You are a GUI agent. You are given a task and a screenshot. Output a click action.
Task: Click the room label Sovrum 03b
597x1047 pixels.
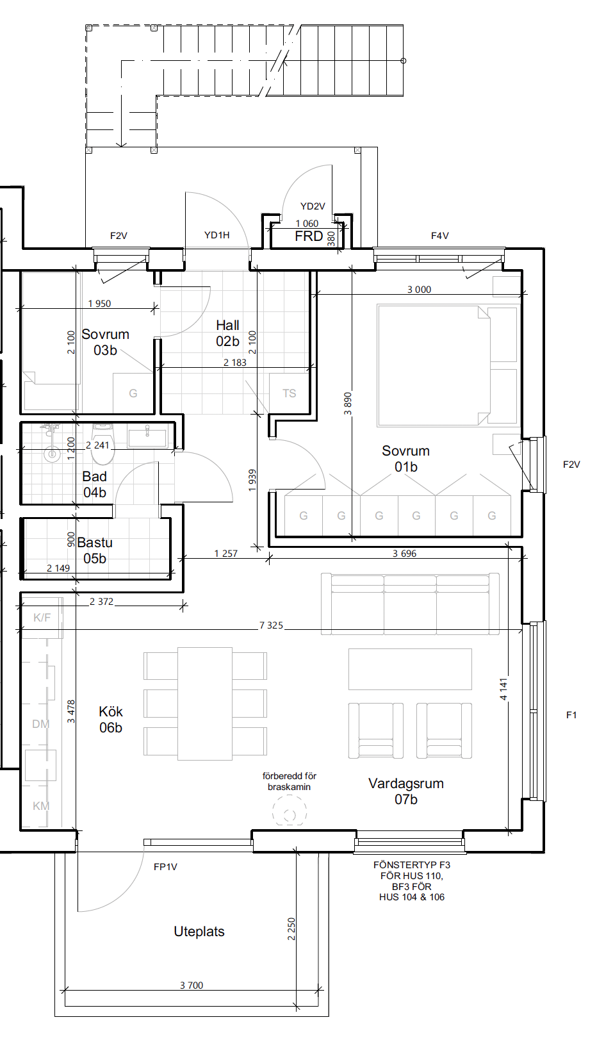click(x=105, y=342)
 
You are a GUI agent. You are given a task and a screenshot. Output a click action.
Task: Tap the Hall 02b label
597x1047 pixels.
click(x=227, y=333)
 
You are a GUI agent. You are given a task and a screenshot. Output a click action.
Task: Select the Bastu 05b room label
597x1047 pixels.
click(x=95, y=550)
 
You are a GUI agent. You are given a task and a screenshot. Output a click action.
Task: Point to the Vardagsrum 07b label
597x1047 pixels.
click(x=406, y=791)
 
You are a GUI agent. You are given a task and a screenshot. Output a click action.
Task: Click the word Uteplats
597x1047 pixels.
click(x=199, y=932)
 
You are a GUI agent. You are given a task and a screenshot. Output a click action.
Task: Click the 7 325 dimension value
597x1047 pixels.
click(x=272, y=625)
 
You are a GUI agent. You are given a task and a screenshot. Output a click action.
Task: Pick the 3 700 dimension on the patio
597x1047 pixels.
click(x=192, y=985)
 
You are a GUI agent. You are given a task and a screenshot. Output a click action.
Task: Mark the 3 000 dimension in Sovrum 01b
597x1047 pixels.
click(x=419, y=290)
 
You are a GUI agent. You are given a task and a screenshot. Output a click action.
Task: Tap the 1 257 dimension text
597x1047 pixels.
click(x=226, y=554)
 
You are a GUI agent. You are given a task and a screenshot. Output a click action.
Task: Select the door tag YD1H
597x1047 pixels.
click(x=217, y=235)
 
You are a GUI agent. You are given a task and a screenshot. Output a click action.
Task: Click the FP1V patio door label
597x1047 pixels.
click(x=165, y=867)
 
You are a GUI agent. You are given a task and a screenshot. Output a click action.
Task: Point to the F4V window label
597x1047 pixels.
click(x=439, y=236)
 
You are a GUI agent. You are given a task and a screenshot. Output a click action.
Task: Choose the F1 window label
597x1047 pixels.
click(x=571, y=714)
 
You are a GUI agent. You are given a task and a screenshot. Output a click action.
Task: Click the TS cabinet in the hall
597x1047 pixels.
click(x=290, y=393)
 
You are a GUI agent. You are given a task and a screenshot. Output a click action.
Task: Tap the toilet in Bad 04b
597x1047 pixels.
click(x=103, y=444)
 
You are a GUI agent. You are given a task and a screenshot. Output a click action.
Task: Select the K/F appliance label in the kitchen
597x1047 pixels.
click(x=42, y=618)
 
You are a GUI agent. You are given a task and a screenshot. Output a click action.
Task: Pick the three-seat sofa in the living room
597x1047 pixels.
click(x=410, y=604)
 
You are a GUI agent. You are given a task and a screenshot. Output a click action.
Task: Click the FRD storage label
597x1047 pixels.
click(x=309, y=236)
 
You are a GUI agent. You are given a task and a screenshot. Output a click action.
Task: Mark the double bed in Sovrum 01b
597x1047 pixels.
click(x=434, y=366)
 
